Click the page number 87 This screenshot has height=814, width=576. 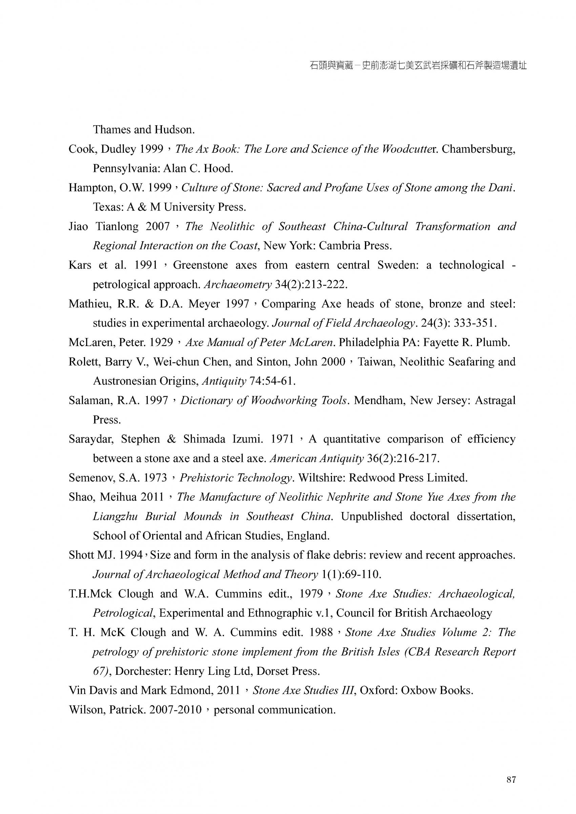tap(511, 779)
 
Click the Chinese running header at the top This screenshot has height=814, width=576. tap(418, 66)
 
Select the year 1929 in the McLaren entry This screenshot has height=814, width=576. tap(161, 342)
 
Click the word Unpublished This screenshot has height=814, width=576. tap(372, 517)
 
